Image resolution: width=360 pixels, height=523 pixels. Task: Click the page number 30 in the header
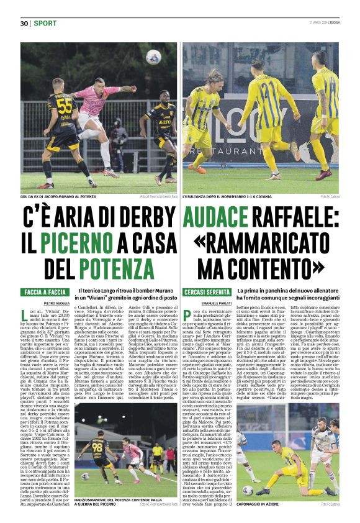click(24, 23)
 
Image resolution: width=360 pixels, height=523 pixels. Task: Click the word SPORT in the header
click(45, 23)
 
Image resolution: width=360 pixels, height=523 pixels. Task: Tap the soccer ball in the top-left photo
click(153, 57)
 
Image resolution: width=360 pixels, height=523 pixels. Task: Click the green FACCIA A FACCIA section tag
click(45, 292)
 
